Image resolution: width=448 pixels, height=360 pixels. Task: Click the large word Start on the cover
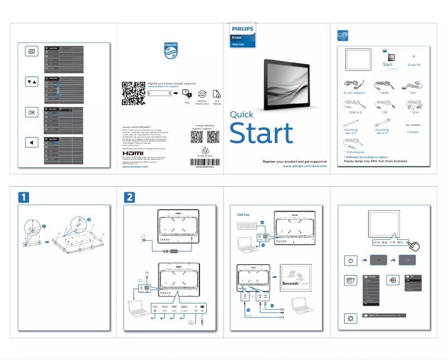tap(261, 134)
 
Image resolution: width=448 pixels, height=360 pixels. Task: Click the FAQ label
tap(187, 103)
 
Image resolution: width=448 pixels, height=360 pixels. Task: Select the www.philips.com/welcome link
tap(304, 166)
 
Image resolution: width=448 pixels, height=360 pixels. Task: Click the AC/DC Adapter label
tap(354, 92)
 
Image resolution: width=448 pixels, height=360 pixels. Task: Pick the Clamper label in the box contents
tap(413, 132)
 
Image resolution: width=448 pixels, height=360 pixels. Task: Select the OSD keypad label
tap(356, 151)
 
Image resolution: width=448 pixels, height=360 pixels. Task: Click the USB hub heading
tap(243, 215)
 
